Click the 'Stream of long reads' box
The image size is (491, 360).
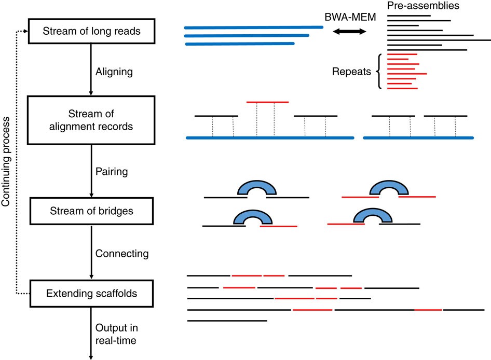point(91,32)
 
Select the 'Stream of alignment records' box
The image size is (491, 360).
point(91,120)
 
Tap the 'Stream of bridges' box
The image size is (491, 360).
point(91,211)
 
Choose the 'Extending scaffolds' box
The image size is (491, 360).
point(91,294)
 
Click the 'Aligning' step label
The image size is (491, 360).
point(114,72)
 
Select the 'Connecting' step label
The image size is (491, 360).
point(122,254)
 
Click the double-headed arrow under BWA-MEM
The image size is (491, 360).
point(349,32)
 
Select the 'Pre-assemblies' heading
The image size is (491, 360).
point(420,6)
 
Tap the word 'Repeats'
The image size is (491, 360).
point(351,72)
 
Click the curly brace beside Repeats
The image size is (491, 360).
point(379,72)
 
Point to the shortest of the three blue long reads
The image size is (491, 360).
point(239,44)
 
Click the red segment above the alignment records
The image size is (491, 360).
point(268,102)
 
